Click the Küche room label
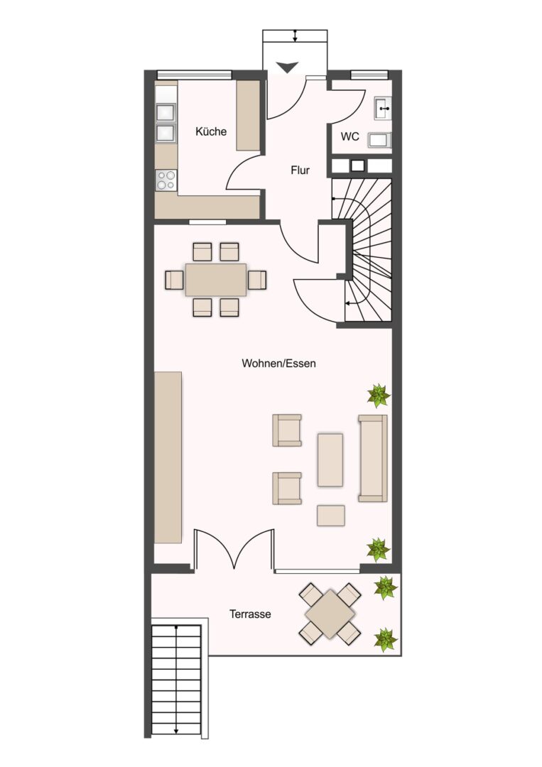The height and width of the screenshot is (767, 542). [211, 131]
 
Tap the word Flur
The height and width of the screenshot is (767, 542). [300, 170]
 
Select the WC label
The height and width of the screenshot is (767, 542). [349, 136]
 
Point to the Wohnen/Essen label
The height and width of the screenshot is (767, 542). [279, 364]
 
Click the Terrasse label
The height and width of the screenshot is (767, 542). [250, 614]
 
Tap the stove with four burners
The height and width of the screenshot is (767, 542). [166, 180]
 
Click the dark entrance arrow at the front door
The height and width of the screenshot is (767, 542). [287, 67]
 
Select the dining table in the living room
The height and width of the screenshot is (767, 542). [216, 279]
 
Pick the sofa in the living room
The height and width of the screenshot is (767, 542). [373, 458]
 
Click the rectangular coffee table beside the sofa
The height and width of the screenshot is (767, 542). [330, 459]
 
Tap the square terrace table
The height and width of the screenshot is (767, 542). [330, 614]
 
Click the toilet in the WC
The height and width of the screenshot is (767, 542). [380, 141]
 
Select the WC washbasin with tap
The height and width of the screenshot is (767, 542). [383, 108]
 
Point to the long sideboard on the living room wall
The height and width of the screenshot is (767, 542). [168, 457]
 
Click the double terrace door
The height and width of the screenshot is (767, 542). [234, 549]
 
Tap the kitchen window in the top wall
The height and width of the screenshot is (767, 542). [194, 75]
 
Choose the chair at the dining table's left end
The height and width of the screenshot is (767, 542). [175, 280]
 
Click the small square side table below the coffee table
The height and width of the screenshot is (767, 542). [331, 516]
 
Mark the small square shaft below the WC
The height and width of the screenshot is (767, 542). [357, 165]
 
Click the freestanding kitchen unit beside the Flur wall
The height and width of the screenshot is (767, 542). [249, 116]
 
